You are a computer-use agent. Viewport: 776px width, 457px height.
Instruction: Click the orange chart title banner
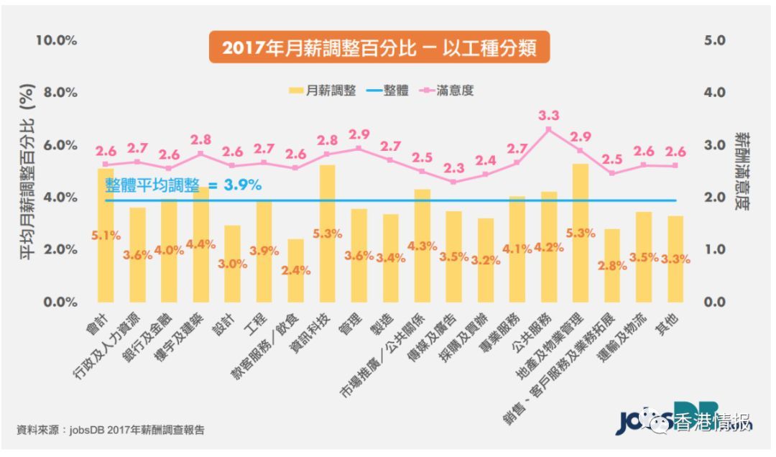tap(379, 48)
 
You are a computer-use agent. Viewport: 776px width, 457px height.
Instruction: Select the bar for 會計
tap(106, 237)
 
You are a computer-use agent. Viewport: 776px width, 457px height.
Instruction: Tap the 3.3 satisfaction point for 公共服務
tap(548, 129)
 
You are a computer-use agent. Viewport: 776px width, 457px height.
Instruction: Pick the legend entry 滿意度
tap(451, 91)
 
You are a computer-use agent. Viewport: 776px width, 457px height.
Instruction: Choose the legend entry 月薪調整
tap(323, 91)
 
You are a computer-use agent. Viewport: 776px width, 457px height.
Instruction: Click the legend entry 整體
tap(389, 91)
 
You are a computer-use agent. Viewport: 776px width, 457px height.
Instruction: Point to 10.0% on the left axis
tap(57, 40)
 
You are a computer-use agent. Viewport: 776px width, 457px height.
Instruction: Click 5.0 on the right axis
tap(716, 40)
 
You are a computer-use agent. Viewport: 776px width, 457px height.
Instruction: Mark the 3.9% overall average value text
tap(242, 185)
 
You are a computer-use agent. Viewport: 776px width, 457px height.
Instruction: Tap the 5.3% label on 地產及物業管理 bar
tap(581, 233)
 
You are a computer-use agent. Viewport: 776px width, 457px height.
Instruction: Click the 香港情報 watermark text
tap(711, 423)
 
